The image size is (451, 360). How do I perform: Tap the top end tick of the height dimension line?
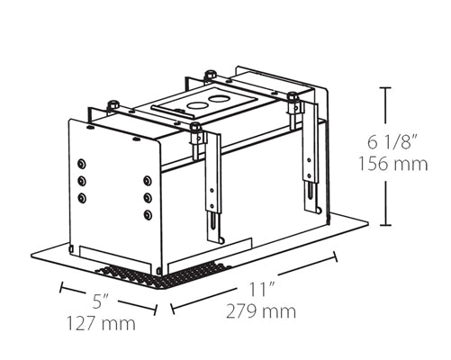click(x=385, y=87)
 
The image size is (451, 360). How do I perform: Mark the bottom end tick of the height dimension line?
click(x=385, y=225)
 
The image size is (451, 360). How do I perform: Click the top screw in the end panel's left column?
click(x=82, y=165)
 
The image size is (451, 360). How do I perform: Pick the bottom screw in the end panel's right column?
click(x=148, y=214)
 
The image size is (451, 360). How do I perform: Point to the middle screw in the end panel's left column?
click(x=82, y=180)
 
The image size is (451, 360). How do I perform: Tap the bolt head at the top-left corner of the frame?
click(x=113, y=105)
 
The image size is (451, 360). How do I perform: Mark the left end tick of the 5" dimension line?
click(x=62, y=288)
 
